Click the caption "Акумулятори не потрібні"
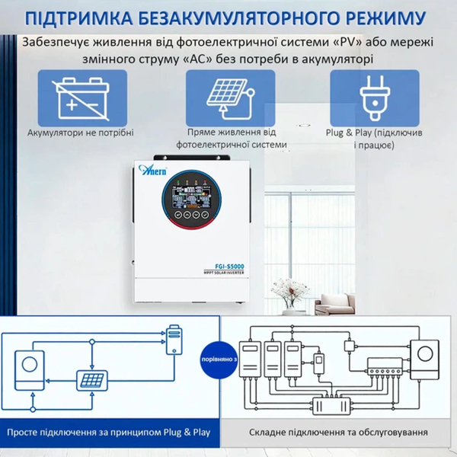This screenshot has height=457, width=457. coord(80,133)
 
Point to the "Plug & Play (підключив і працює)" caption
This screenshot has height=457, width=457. coord(375,138)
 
